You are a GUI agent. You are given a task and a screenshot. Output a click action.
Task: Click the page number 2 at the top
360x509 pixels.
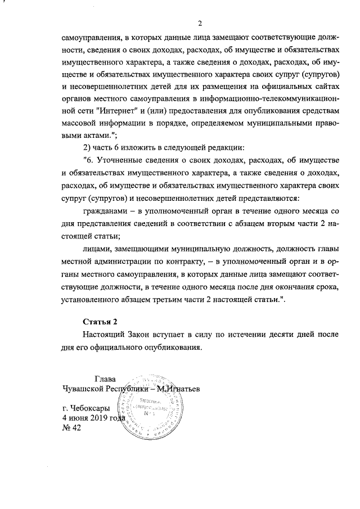coord(200,22)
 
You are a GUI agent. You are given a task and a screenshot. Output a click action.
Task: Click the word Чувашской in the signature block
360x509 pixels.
coord(84,389)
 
